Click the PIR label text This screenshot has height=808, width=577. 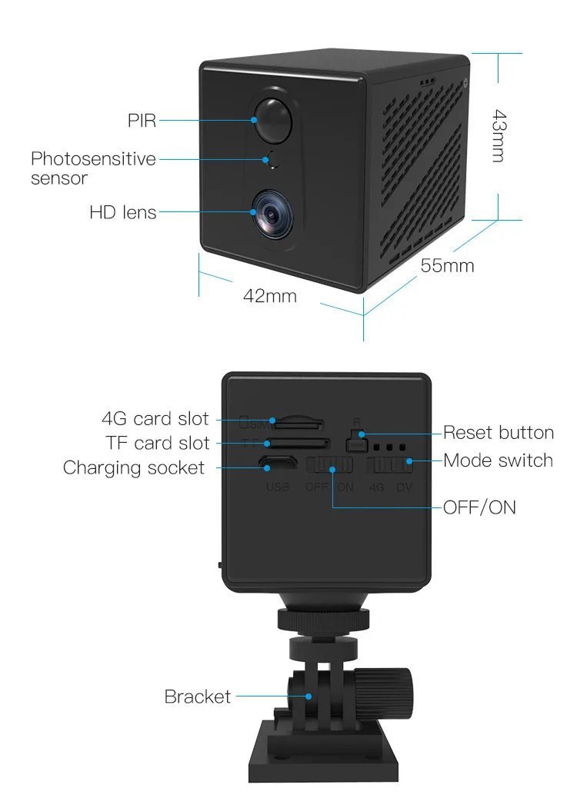(142, 121)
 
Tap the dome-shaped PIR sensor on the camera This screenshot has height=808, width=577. (273, 120)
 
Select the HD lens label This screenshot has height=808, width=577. (123, 212)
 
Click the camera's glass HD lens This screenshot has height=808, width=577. (273, 213)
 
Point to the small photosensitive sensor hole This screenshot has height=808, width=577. (273, 159)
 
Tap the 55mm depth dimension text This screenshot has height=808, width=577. (447, 266)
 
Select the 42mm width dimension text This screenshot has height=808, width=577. (270, 296)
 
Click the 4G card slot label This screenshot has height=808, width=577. (155, 419)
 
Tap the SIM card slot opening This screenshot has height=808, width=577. (299, 424)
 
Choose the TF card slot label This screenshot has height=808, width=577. (157, 443)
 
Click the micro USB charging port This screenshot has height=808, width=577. (278, 463)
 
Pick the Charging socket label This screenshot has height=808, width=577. (134, 468)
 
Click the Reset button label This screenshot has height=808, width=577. (499, 433)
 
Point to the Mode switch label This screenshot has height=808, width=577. (498, 461)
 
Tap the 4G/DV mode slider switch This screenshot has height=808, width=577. (389, 465)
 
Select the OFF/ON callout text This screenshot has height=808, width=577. (479, 508)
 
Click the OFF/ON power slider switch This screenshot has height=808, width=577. (329, 465)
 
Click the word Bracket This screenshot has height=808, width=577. (198, 697)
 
